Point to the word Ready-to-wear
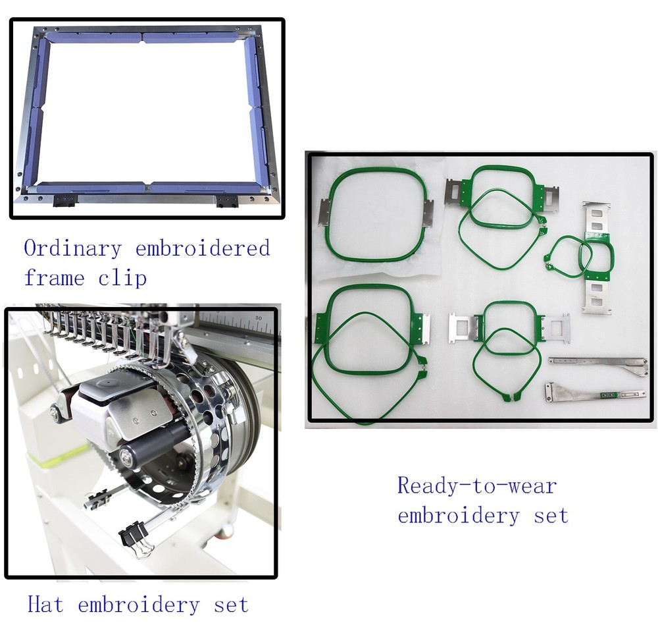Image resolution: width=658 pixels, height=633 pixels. [x=477, y=486]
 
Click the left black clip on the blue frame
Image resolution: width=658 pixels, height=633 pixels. [x=64, y=200]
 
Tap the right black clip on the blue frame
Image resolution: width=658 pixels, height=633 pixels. [x=227, y=200]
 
